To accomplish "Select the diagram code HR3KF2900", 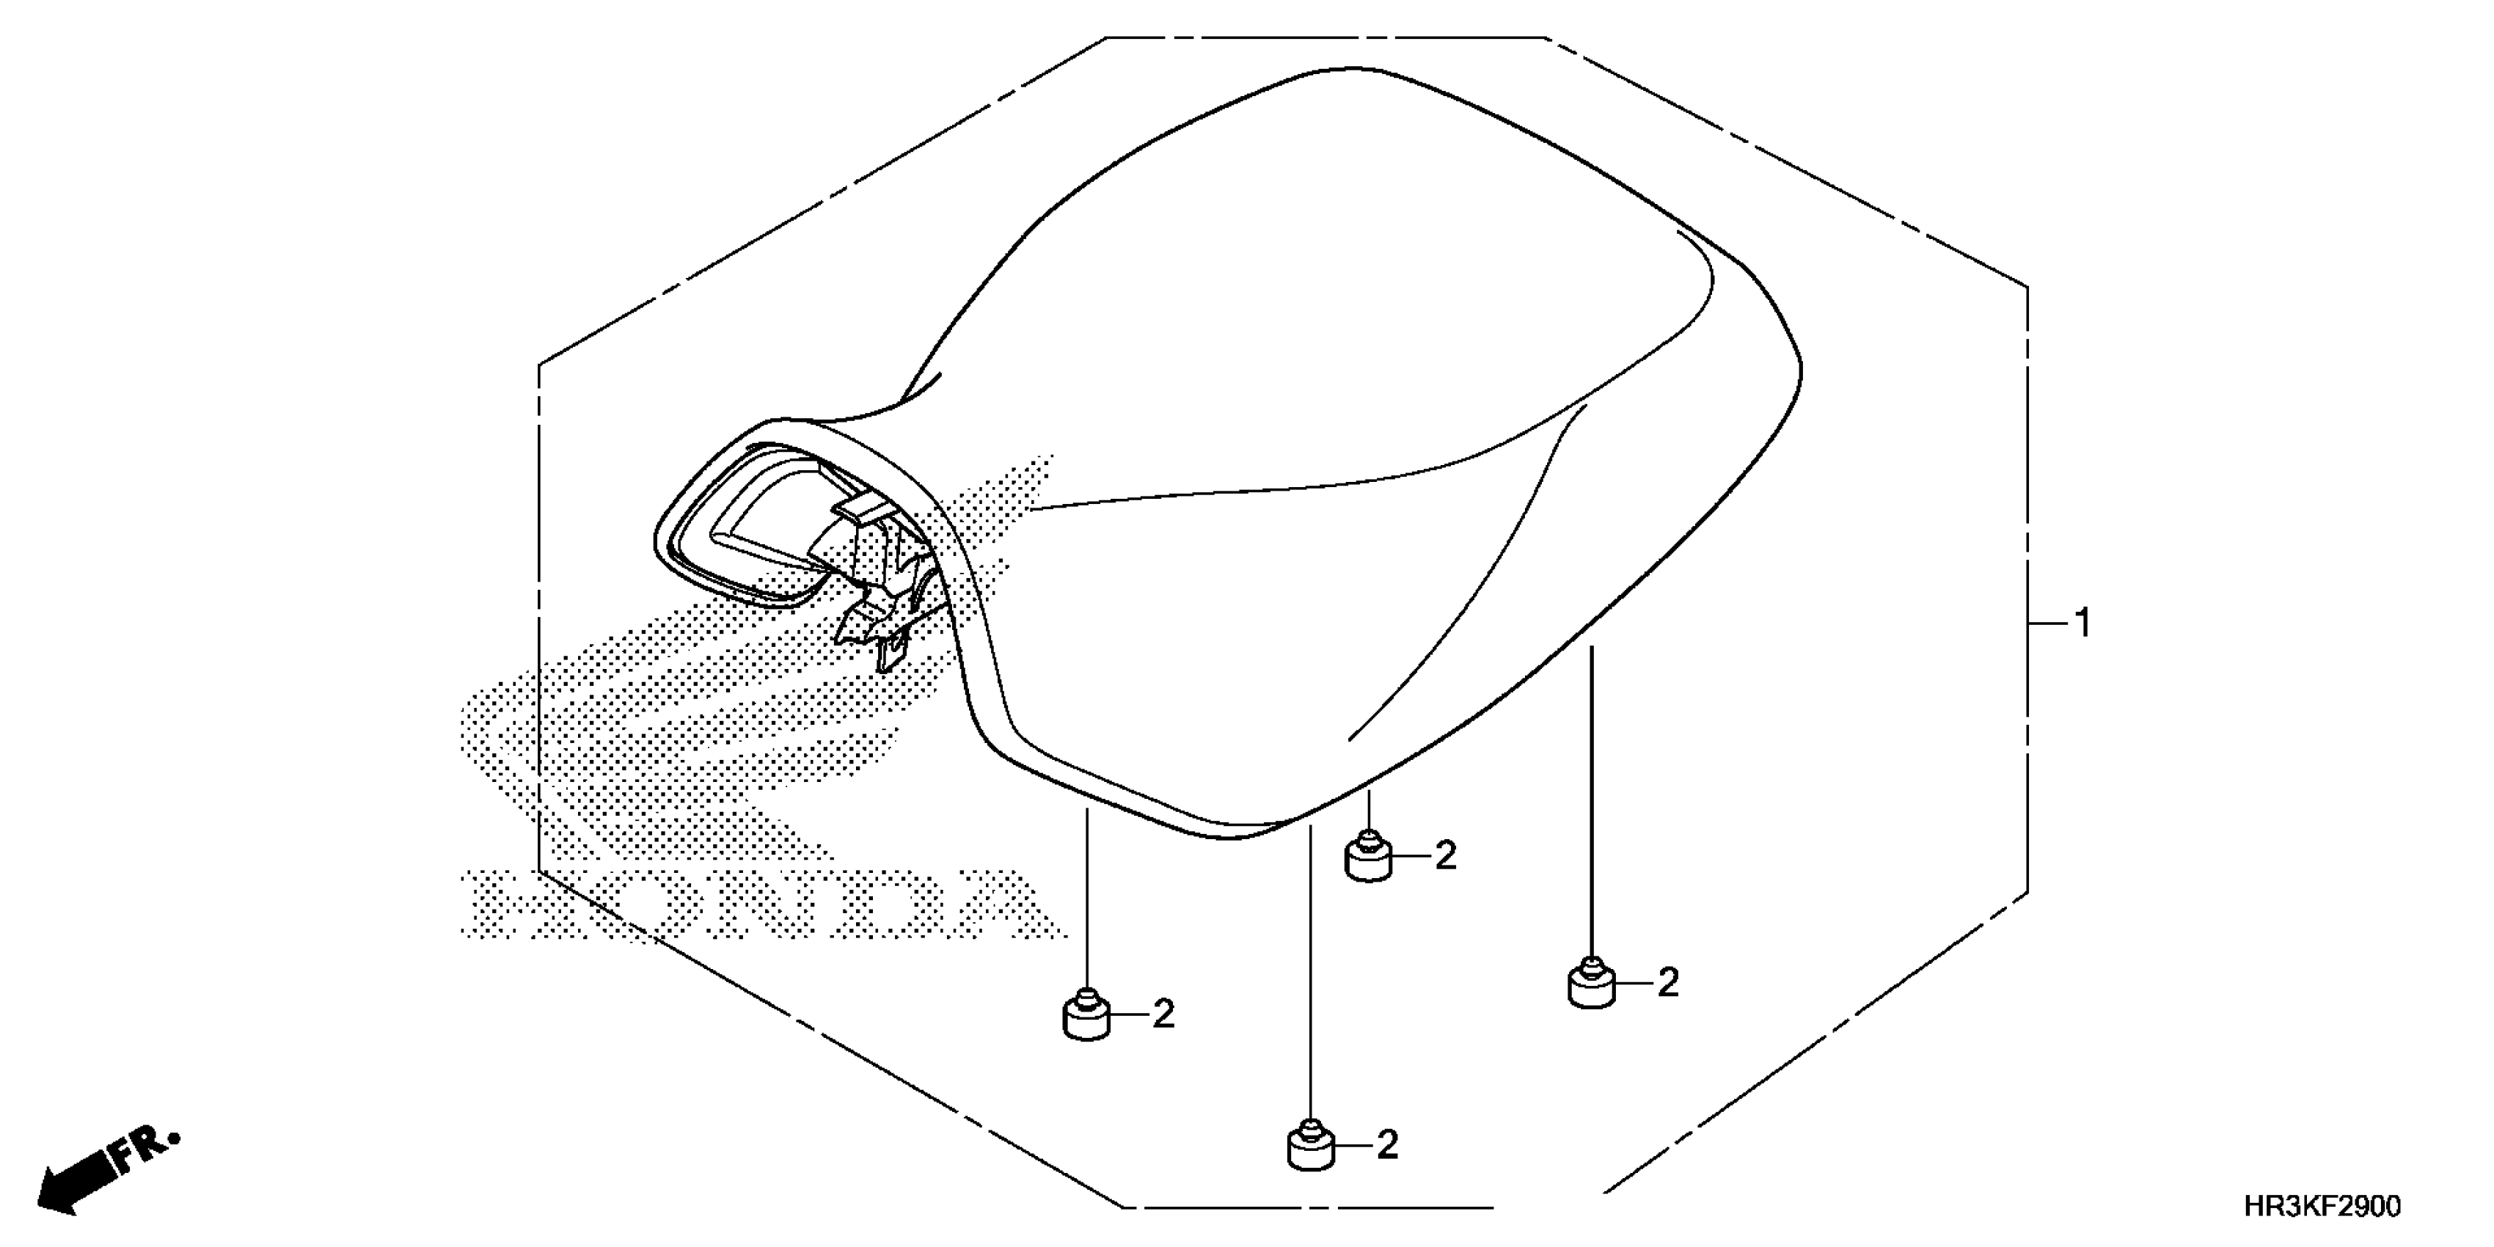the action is tap(2322, 1207).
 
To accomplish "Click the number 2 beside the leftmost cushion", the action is tap(1163, 1014).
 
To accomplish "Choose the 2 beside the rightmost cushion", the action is tap(1668, 983).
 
